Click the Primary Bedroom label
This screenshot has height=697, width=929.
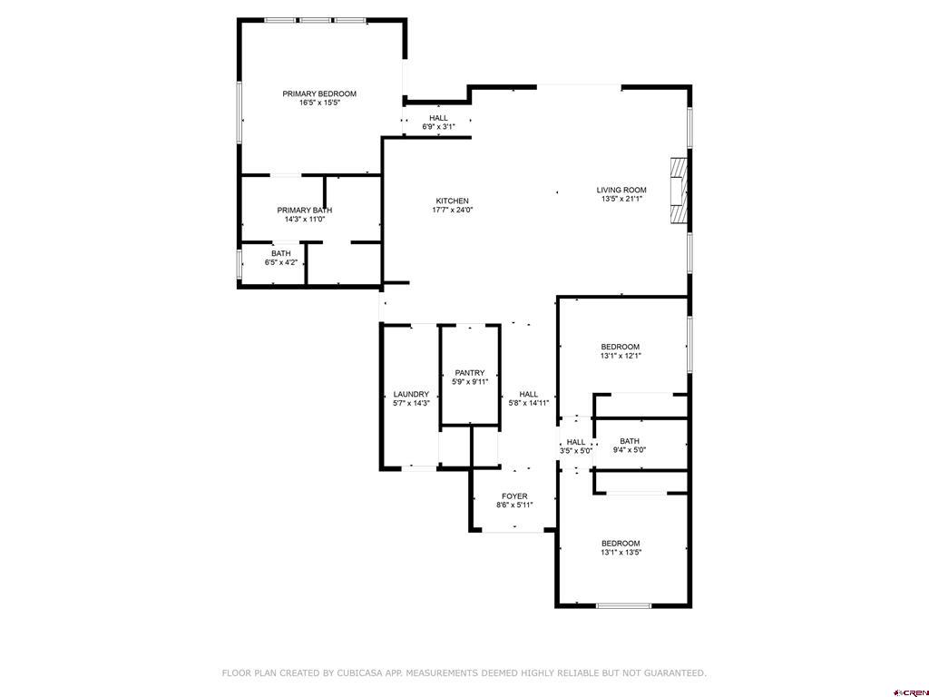[x=319, y=93]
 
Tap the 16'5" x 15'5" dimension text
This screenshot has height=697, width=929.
[x=319, y=103]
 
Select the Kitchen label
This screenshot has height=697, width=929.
[x=452, y=201]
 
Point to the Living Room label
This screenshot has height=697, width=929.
[x=621, y=191]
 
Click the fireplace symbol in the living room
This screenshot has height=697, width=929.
[x=679, y=191]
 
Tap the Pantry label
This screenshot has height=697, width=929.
[x=470, y=373]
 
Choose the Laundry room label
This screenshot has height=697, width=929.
[x=411, y=394]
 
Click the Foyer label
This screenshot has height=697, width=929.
[x=514, y=496]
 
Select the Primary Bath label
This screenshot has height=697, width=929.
[x=305, y=211]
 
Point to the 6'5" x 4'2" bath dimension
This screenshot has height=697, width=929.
[x=281, y=262]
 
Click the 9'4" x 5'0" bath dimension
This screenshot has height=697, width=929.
[x=630, y=450]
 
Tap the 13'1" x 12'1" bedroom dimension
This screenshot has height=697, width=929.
[x=621, y=356]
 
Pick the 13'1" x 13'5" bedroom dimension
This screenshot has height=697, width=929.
[x=621, y=553]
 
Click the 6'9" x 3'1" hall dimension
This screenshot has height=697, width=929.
[x=438, y=127]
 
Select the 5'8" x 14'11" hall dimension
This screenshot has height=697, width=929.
[x=529, y=403]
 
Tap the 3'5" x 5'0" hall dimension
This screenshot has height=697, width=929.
[x=576, y=450]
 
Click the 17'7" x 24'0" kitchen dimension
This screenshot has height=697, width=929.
[x=452, y=210]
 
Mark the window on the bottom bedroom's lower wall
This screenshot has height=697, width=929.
[x=623, y=605]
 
